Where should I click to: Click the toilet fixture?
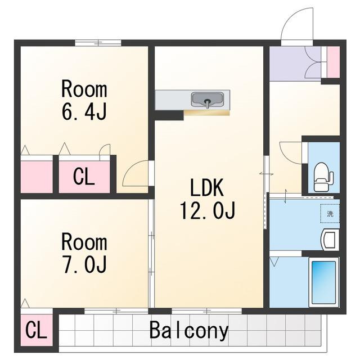coord(323,177)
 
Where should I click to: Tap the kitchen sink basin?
coord(208,100)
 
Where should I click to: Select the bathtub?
coord(324,282)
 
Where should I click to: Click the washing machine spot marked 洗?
coord(330,213)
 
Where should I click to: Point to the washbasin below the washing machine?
coord(330,240)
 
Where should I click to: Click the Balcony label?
coord(189,330)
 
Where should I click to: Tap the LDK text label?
coord(207,187)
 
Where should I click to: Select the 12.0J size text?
coord(208,210)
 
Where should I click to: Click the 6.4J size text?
coord(84,112)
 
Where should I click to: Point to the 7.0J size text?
coord(84,264)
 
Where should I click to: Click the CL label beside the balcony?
coord(36,330)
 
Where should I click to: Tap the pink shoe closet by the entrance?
coord(333,62)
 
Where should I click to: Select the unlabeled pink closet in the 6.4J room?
coord(37,177)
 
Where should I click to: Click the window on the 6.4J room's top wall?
coord(98,43)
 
